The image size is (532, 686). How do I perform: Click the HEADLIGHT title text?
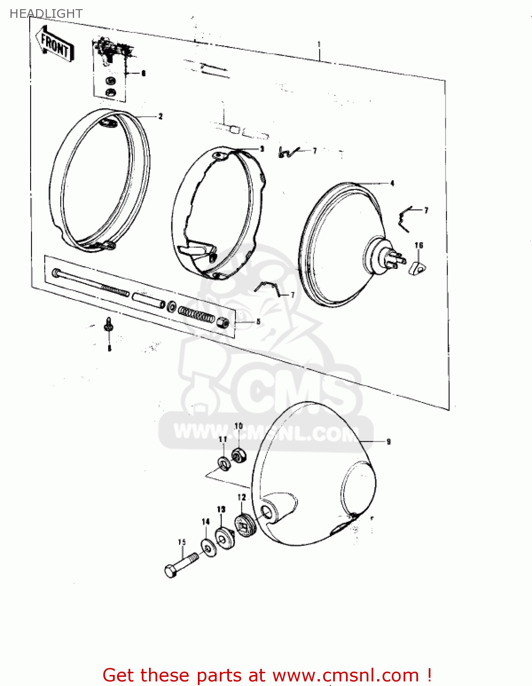[x=46, y=14]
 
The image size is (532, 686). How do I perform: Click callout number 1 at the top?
[x=319, y=44]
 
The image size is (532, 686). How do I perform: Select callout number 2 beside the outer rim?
[x=160, y=117]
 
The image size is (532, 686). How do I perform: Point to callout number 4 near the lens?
[x=392, y=183]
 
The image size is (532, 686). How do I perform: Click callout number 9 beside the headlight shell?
[x=388, y=441]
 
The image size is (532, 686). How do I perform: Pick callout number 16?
[x=419, y=246]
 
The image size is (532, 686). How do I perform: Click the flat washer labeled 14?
[x=209, y=547]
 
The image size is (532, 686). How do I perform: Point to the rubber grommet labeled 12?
[x=245, y=526]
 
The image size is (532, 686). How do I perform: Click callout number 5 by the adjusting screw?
[x=258, y=322]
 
